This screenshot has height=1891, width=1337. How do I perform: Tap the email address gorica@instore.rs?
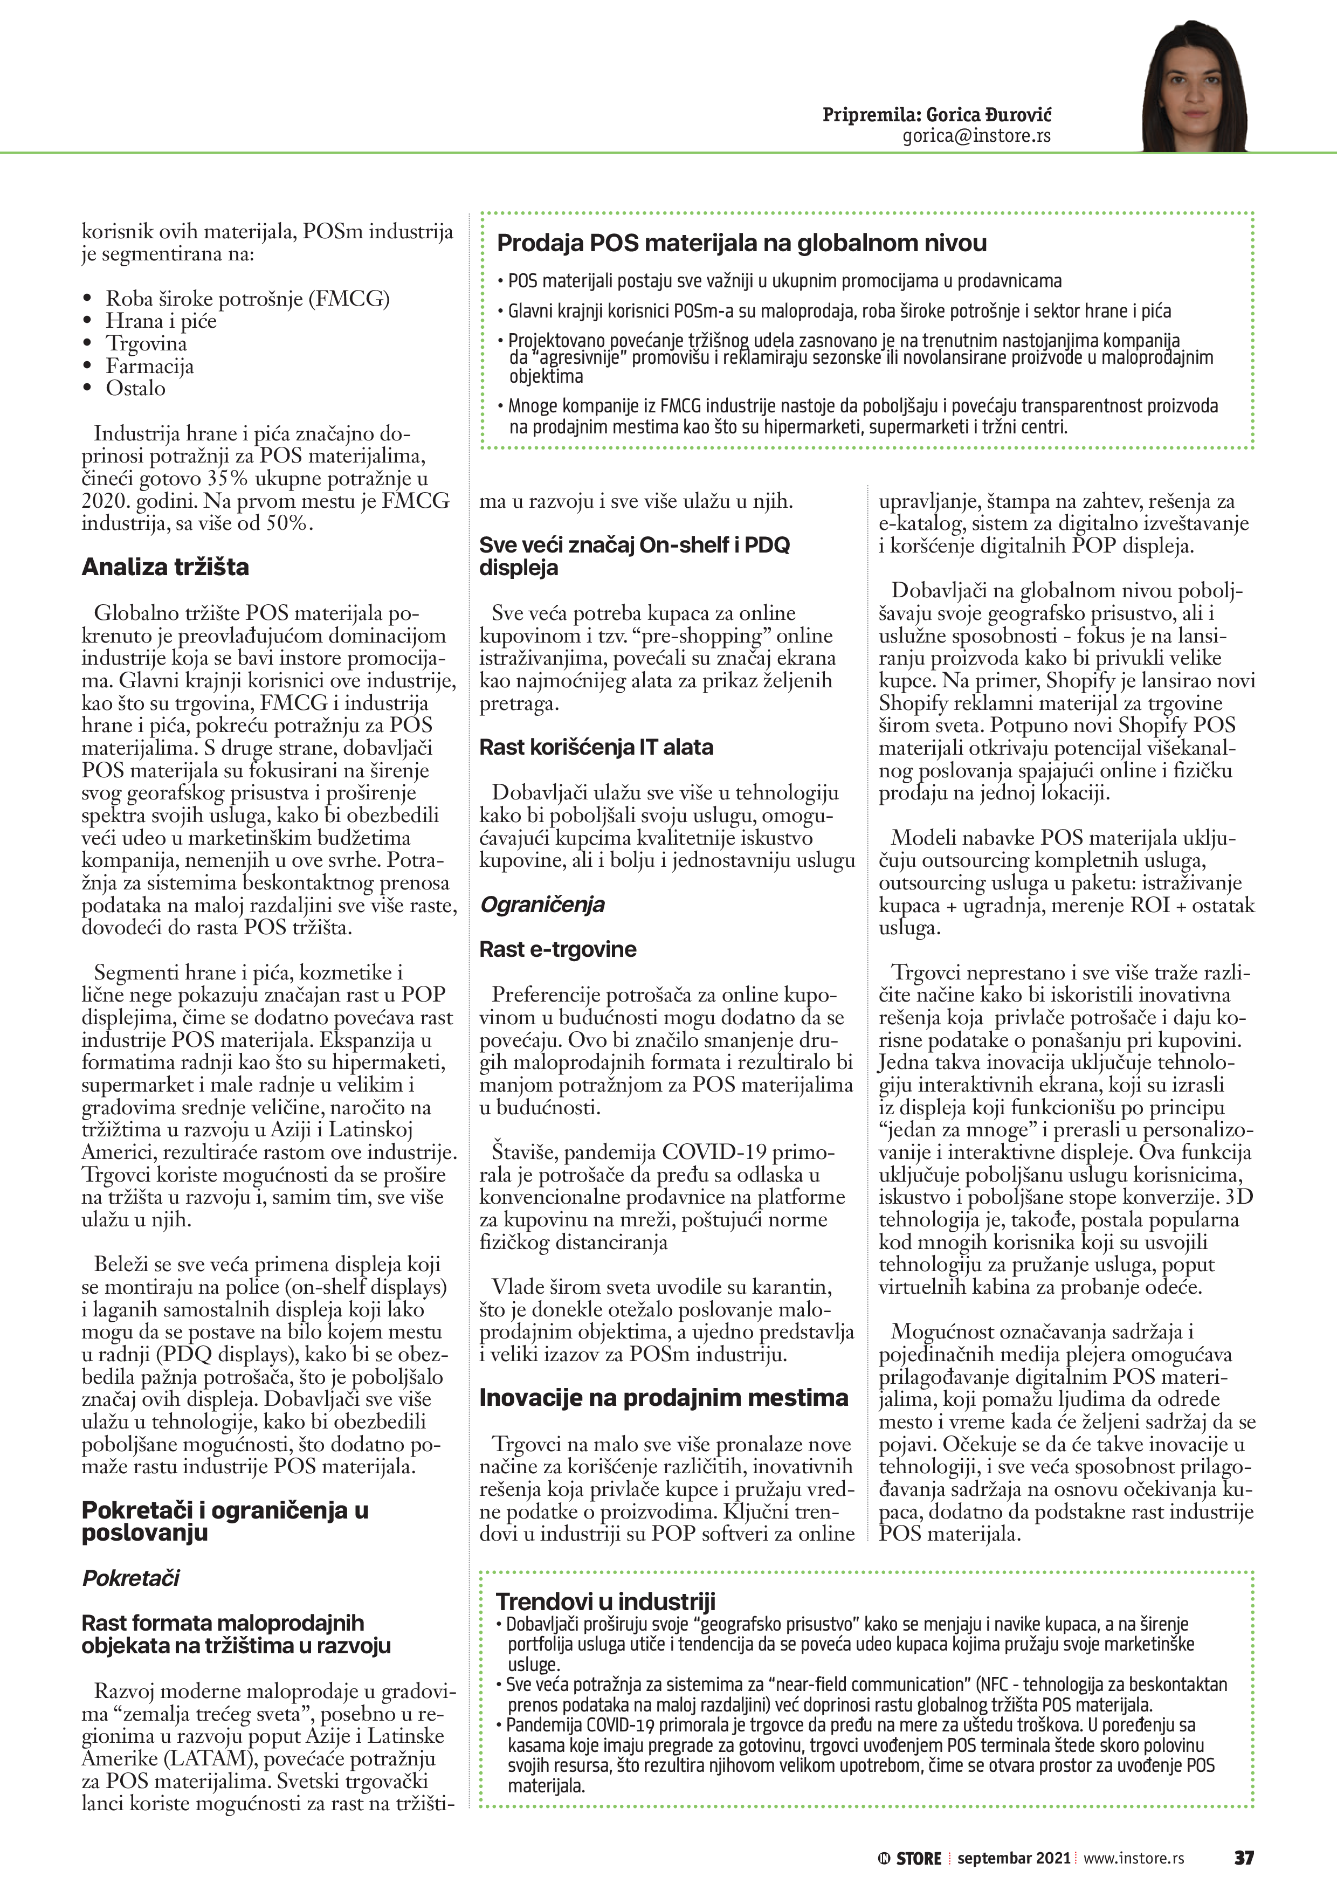click(976, 136)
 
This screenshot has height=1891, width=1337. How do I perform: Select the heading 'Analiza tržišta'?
click(165, 567)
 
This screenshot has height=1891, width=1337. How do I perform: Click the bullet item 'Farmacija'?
click(149, 365)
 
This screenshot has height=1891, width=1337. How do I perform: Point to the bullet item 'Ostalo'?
click(135, 388)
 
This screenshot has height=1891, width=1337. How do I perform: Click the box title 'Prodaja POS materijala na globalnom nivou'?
click(741, 243)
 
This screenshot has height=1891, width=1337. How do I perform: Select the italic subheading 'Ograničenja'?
click(542, 905)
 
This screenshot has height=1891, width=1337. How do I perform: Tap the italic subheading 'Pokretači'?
click(130, 1578)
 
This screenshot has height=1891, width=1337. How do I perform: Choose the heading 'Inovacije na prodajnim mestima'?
click(663, 1398)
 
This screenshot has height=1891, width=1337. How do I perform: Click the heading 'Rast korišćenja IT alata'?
click(596, 747)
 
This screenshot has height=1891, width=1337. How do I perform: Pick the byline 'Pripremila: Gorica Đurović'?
click(936, 114)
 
